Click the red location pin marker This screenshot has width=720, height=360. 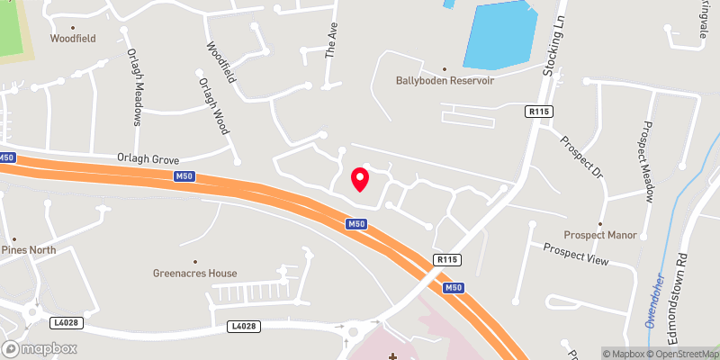click(359, 178)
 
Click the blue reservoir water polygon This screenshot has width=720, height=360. click(499, 34)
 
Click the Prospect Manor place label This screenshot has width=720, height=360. click(600, 235)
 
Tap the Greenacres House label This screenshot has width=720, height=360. click(194, 273)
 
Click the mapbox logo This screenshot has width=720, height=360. click(40, 348)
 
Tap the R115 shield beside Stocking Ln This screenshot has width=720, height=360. click(539, 111)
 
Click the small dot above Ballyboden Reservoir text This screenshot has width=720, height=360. click(444, 67)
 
